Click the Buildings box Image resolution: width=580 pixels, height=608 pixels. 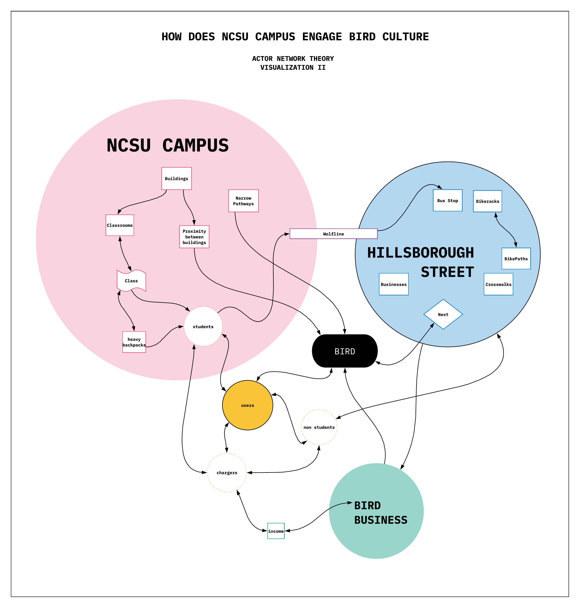pos(177,178)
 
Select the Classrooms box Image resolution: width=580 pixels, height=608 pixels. pos(120,225)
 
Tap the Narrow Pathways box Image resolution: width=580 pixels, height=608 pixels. pos(243,201)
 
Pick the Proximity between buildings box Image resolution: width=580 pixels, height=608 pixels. pos(194,237)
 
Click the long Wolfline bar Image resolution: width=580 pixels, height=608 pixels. pos(333,234)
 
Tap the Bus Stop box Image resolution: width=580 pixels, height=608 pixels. pos(447,200)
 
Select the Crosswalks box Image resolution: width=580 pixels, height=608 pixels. pos(498,284)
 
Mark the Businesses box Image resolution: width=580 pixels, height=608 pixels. pos(394,284)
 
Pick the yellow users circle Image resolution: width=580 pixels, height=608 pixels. pos(247,405)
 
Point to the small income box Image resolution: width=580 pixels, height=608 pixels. pos(276,531)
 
